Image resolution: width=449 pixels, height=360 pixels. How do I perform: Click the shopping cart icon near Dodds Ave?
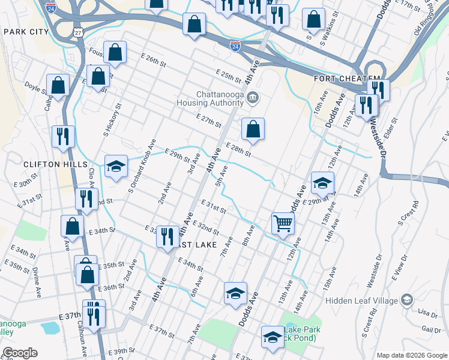click(x=283, y=223)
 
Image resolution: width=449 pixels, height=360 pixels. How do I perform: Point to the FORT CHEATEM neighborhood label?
click(x=346, y=79)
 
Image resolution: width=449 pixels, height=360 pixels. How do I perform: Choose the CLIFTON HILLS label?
click(x=47, y=164)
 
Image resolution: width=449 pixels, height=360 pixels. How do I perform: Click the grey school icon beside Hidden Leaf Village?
click(x=407, y=299)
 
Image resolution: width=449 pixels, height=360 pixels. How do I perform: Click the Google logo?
click(x=20, y=352)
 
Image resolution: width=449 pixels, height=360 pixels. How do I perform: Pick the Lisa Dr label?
click(x=427, y=314)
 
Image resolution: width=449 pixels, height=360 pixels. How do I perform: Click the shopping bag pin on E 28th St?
click(x=253, y=128)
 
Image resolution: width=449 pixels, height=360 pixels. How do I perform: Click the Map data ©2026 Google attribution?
click(x=411, y=355)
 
